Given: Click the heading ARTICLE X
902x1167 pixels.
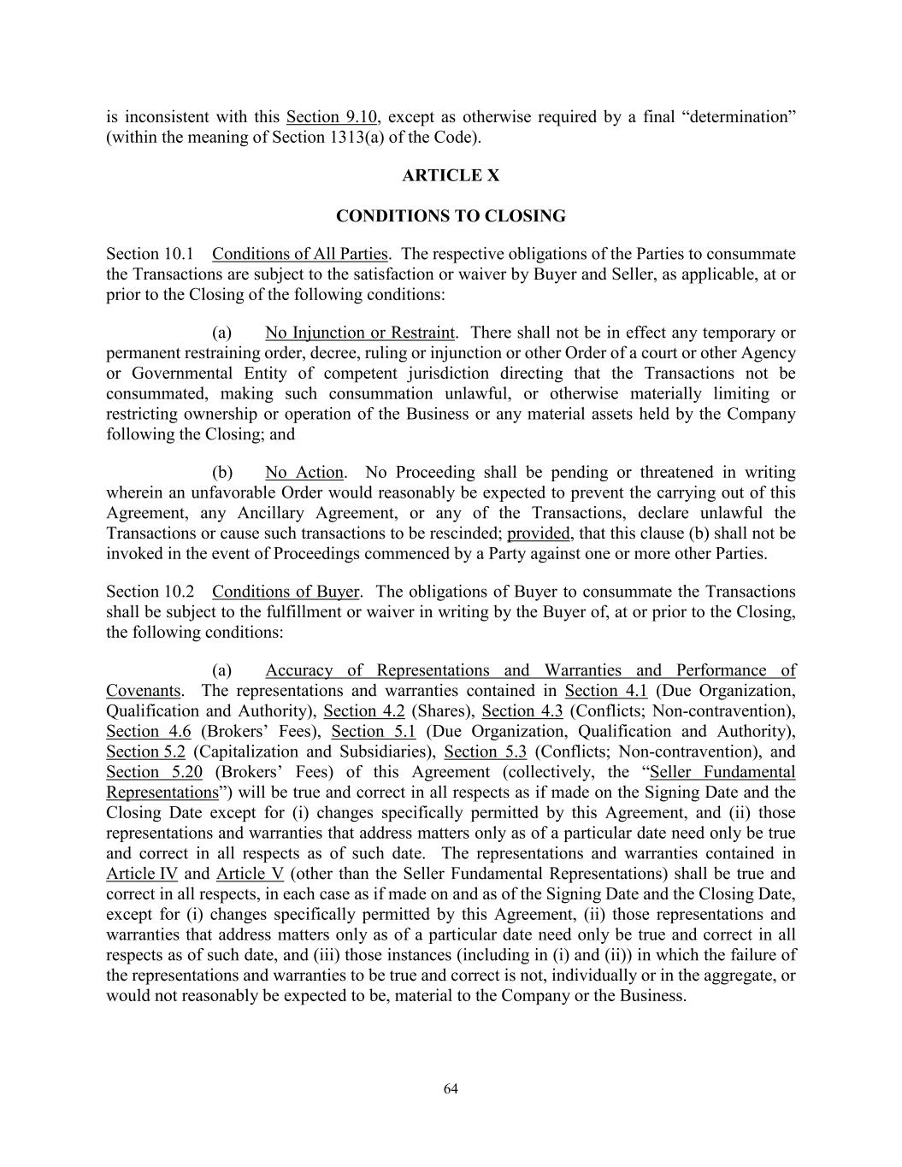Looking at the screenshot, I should coord(451,175).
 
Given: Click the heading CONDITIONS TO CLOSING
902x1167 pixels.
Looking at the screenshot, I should coord(451,215).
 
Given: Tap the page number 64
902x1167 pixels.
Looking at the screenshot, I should coord(451,1088).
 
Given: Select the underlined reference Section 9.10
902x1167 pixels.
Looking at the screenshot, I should coord(332,116).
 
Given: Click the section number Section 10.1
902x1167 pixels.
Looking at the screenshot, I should coord(150,254).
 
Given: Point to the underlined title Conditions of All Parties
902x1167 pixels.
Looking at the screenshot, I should coord(299,254).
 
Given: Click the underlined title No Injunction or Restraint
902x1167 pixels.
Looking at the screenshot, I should coord(360,333).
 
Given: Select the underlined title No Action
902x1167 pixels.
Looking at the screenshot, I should coord(304,473).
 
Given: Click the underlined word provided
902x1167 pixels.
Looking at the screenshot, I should coord(539,533).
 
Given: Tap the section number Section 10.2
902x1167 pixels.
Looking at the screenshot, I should coord(150,592).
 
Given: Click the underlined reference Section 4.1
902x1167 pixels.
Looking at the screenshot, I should coord(606,691).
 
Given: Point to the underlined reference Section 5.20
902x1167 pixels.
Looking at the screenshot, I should coord(154,773).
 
